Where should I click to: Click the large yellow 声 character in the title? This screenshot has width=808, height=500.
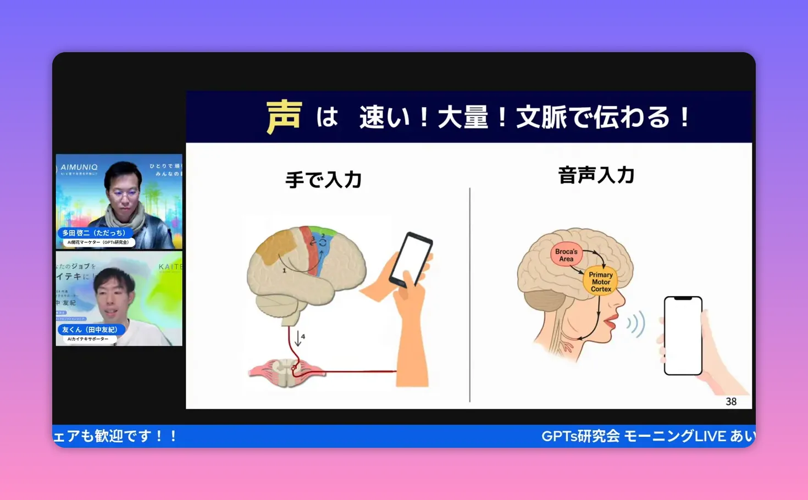click(284, 117)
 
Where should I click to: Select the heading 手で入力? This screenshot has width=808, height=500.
click(323, 180)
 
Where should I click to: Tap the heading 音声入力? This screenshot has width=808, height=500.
click(596, 175)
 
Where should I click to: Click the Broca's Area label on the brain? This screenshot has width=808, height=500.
click(566, 255)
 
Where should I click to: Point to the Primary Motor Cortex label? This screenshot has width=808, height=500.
click(600, 281)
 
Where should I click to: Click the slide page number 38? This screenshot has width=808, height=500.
click(730, 402)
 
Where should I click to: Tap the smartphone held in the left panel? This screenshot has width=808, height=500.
click(410, 259)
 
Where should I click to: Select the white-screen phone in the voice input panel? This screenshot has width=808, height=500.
click(683, 336)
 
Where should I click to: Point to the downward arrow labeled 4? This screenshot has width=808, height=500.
click(298, 337)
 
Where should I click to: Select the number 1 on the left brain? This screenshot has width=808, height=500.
click(284, 270)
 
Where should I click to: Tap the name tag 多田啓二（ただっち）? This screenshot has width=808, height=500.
click(93, 233)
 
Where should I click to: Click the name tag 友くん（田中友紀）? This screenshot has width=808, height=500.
click(90, 330)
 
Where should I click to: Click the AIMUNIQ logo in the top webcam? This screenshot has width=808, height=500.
click(79, 167)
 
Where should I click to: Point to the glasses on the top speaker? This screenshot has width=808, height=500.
click(125, 194)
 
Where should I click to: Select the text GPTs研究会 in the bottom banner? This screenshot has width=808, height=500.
click(580, 436)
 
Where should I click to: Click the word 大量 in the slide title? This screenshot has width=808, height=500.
click(463, 118)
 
